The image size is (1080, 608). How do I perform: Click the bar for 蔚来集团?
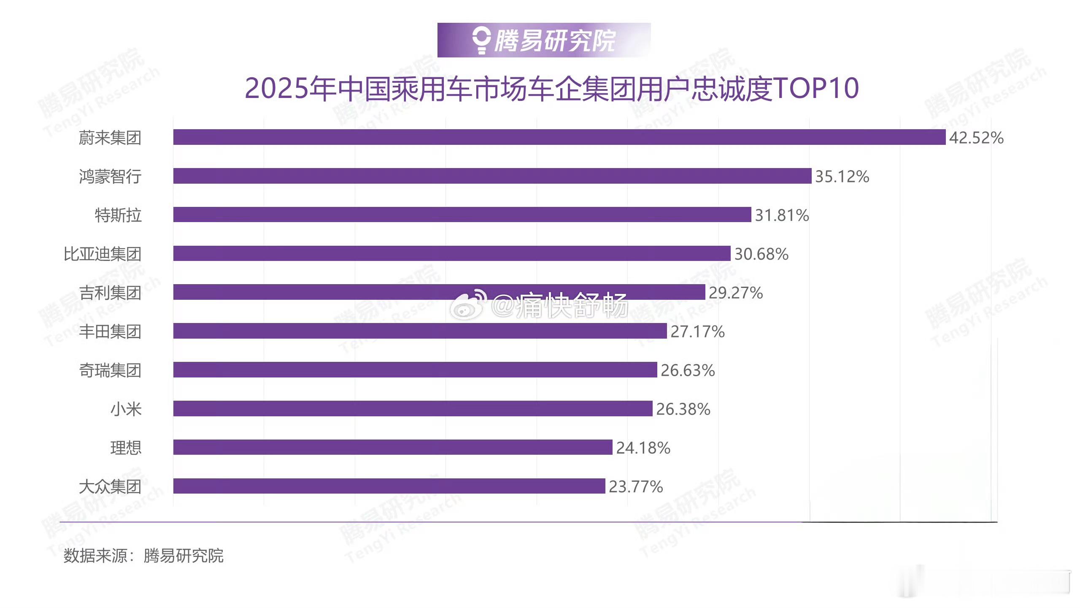coord(559,137)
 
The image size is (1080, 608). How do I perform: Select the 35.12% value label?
coord(842,176)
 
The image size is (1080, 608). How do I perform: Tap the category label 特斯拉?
coord(118,215)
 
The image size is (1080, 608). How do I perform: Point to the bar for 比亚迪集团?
coord(451,253)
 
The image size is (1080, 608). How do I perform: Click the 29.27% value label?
coord(735,293)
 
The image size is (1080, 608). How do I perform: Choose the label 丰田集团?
coord(110,331)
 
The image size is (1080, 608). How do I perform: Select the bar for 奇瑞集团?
coord(415,370)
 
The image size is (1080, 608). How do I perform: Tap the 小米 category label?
coord(126,409)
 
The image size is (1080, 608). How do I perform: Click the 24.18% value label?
coord(643,448)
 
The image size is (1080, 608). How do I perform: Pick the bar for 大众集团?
coord(389,486)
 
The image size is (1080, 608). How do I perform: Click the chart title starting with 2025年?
coord(551,88)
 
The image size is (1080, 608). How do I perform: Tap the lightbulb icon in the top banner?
coord(481,40)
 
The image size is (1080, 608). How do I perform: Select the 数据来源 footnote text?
coord(143,556)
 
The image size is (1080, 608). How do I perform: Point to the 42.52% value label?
coord(976,138)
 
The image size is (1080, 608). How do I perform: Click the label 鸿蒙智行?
coord(110,176)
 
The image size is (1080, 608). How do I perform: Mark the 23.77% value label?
coord(635,487)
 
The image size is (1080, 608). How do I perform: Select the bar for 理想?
coord(392,447)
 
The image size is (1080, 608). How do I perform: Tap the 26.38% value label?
coord(683,409)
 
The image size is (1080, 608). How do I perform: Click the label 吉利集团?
coord(110,293)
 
